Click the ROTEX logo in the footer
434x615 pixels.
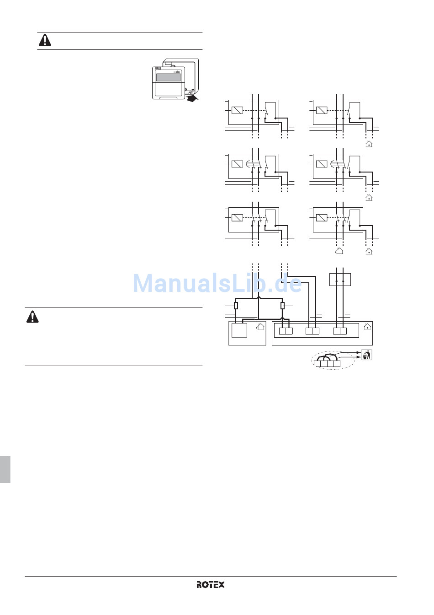pos(211,584)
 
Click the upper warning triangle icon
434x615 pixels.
pos(45,40)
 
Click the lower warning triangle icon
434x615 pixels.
pos(32,317)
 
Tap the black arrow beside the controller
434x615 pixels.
pos(193,97)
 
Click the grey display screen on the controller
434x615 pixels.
pos(168,77)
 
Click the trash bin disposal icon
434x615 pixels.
pos(366,355)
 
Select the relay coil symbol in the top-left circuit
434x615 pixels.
pos(237,110)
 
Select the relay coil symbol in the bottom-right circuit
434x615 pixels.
pos(322,218)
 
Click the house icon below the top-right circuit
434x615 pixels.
pos(369,144)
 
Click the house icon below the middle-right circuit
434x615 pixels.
pos(369,198)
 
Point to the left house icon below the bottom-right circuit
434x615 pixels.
pos(339,251)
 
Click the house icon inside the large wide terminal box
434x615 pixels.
pos(367,327)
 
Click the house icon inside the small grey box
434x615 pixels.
pos(260,327)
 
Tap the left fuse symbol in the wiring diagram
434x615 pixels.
pos(236,306)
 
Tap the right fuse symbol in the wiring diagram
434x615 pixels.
pos(282,306)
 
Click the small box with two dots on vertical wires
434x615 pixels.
pos(340,279)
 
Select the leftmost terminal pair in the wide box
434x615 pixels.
pos(286,331)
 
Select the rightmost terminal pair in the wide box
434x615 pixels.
pos(340,331)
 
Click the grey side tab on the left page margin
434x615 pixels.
pos(5,469)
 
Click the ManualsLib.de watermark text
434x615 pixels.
pos(217,284)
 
